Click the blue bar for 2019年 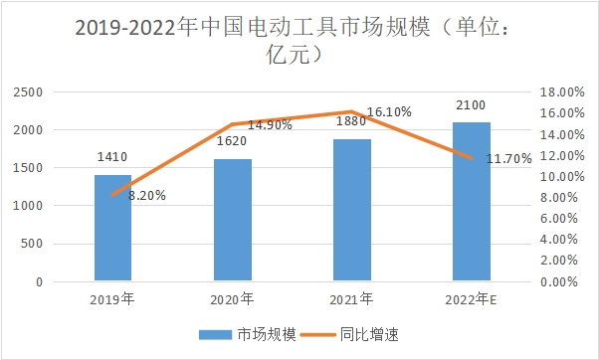tap(112, 228)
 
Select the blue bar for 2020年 tap(232, 220)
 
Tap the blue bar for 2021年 tap(351, 210)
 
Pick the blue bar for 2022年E tap(471, 202)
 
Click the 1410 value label tap(112, 156)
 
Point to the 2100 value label tap(471, 103)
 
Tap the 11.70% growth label tap(507, 157)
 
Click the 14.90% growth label tap(269, 125)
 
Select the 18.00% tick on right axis tap(559, 91)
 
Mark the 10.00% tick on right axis tap(559, 176)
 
